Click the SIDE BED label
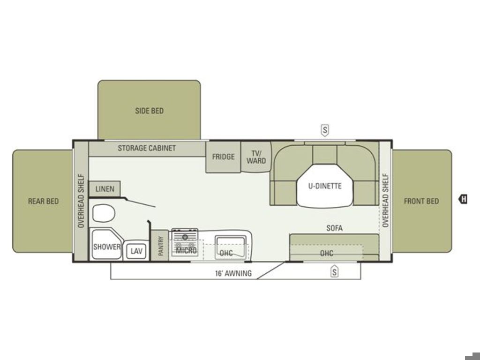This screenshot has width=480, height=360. (x=150, y=111)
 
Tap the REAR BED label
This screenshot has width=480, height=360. (x=43, y=201)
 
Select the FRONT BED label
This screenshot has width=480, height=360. (x=421, y=201)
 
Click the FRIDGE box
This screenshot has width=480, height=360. (x=223, y=157)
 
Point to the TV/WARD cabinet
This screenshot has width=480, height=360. (x=256, y=157)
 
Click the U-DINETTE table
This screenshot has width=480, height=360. (x=325, y=186)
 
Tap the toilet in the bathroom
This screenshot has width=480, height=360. (x=104, y=213)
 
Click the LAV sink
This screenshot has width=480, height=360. (x=136, y=251)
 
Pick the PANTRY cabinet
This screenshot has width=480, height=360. (x=160, y=246)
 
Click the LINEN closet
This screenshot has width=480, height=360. (x=105, y=189)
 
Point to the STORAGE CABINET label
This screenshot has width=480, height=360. (x=147, y=148)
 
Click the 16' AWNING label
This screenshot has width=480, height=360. (x=233, y=273)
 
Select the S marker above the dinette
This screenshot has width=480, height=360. (x=325, y=130)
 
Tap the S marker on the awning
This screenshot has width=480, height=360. (x=335, y=271)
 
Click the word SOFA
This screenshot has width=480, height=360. (x=334, y=228)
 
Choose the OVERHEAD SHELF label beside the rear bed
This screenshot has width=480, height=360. (x=81, y=201)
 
